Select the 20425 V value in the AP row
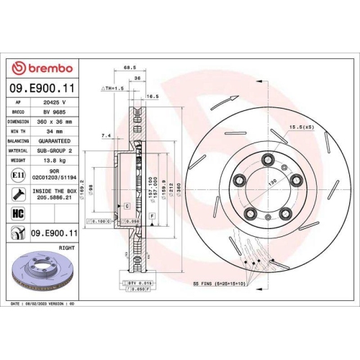(55, 103)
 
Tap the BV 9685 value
(55, 112)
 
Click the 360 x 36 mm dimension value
(55, 122)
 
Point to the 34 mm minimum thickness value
(55, 132)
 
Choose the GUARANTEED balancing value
(55, 142)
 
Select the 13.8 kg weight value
(55, 163)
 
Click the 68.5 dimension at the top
(130, 68)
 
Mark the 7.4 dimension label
(107, 135)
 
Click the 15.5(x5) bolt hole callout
(301, 127)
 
